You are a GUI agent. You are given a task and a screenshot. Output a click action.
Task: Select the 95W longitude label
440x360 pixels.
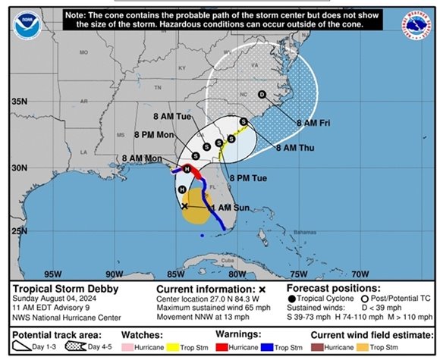tap(52, 274)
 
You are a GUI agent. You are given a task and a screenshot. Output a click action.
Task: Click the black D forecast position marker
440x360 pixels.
tap(262, 95)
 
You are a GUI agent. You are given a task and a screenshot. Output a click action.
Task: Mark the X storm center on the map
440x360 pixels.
tap(185, 205)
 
